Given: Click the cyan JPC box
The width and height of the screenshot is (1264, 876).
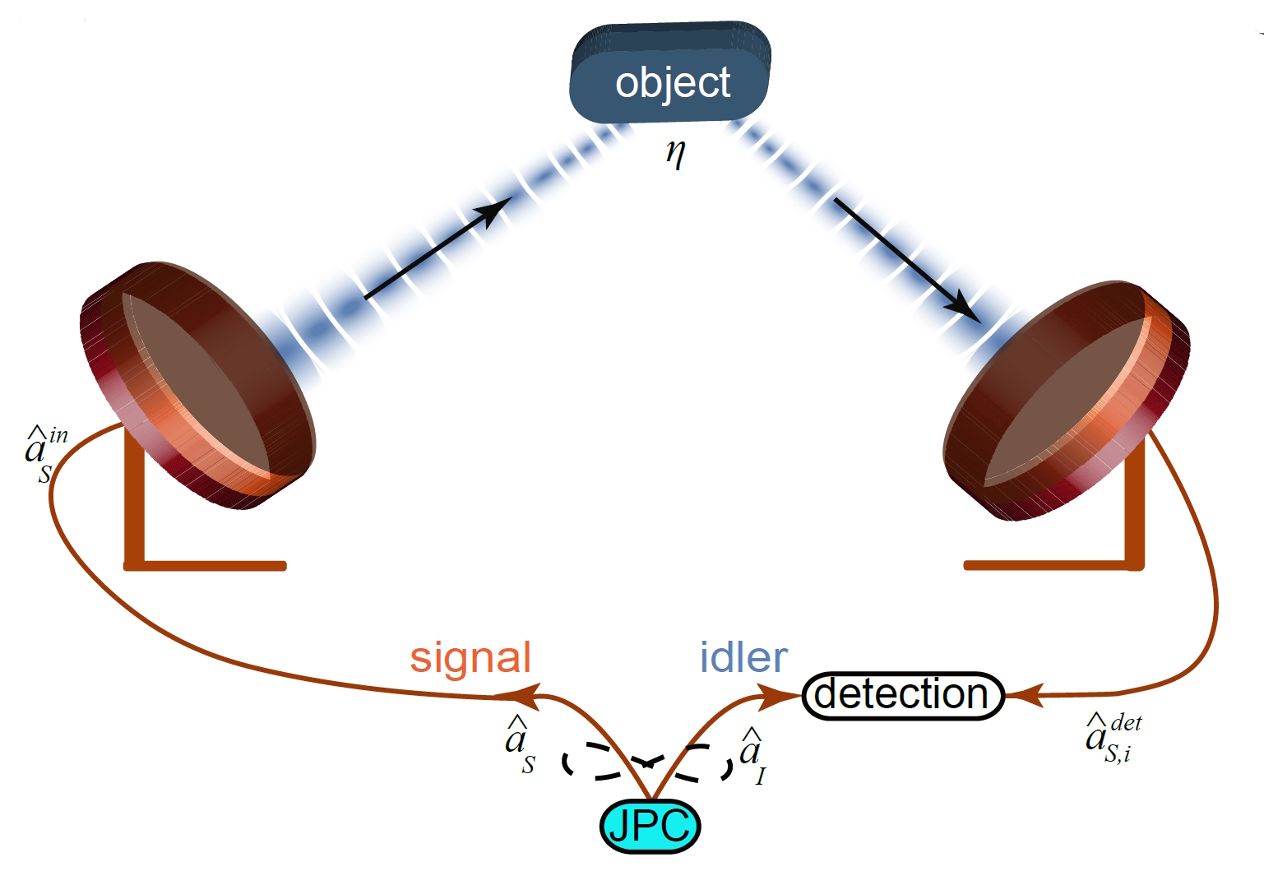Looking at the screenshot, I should click(x=650, y=826).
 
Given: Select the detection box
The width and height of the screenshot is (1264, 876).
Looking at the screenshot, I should click(x=902, y=695).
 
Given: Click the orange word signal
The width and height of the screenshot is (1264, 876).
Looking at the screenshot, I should click(x=470, y=658).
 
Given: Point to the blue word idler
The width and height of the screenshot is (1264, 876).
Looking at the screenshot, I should click(x=743, y=658).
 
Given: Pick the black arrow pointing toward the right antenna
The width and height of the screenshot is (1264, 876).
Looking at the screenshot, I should click(x=905, y=259).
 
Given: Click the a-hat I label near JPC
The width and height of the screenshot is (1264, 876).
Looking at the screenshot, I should click(x=752, y=754).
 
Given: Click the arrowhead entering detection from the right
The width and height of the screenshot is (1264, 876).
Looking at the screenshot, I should click(x=1025, y=695).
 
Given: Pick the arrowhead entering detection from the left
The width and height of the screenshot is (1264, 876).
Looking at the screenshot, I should click(x=777, y=698).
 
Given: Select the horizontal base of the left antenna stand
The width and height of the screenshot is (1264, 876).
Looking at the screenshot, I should click(x=206, y=565).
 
